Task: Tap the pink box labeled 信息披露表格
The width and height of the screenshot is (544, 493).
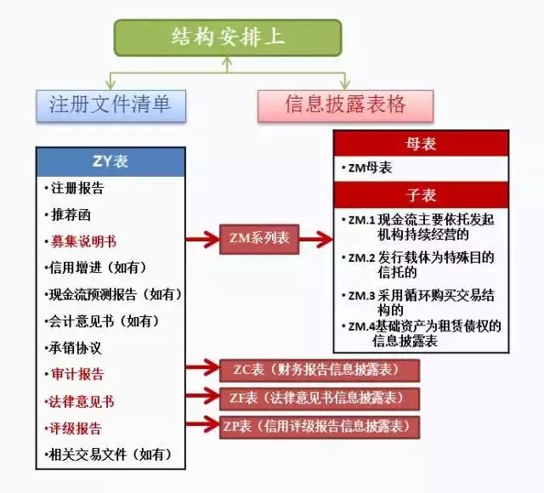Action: [345, 105]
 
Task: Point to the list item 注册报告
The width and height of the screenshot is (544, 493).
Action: [77, 188]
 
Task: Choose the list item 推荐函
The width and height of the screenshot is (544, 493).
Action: [71, 214]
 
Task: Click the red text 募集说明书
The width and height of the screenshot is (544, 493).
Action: [83, 241]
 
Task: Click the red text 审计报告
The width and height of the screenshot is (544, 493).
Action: [77, 375]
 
